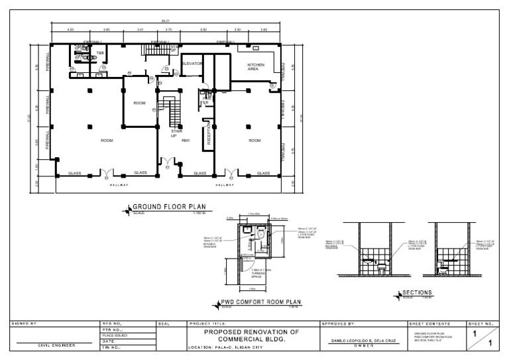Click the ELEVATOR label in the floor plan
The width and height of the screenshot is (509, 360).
(192, 64)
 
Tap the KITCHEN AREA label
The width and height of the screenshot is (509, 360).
(256, 67)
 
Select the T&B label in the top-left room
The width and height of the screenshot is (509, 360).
(100, 52)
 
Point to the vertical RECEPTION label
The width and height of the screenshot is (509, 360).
(209, 133)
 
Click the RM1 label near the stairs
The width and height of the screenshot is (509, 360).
(186, 141)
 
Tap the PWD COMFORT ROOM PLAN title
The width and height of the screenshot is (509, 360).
(260, 302)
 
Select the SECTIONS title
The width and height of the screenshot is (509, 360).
(418, 292)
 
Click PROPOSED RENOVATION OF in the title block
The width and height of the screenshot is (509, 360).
(251, 331)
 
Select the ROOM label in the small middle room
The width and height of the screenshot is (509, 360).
(139, 103)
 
